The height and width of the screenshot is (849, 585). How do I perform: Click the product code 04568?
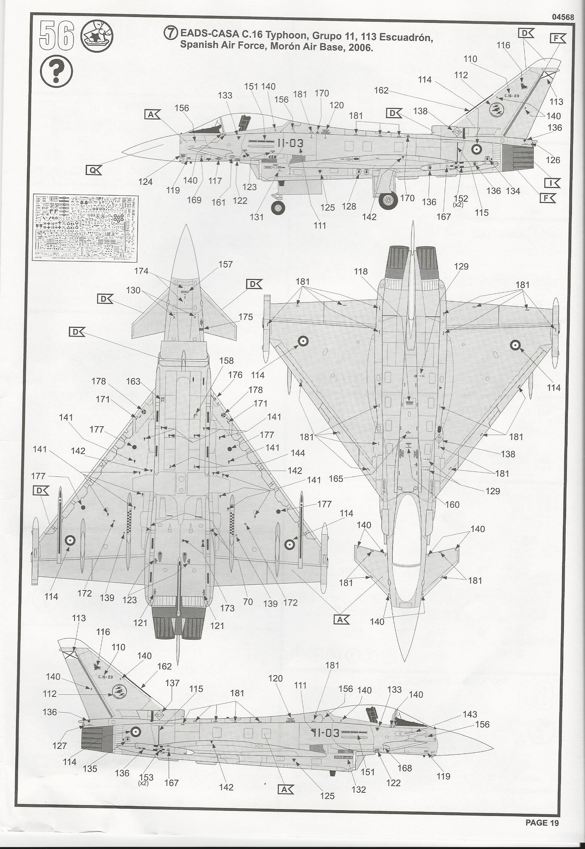[562, 17]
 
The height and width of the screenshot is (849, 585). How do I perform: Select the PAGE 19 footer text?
[542, 833]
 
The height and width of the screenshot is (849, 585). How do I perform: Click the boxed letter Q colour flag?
[93, 170]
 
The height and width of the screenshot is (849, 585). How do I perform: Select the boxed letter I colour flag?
[552, 183]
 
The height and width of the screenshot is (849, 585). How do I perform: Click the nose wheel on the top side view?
[278, 208]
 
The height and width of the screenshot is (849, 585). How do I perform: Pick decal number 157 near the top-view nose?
[225, 264]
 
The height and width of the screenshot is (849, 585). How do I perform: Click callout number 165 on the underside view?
[336, 479]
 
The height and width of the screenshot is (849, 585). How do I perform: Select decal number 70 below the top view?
[248, 602]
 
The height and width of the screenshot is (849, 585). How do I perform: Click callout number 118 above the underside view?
[361, 271]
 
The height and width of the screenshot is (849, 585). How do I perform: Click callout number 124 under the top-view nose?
[145, 182]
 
